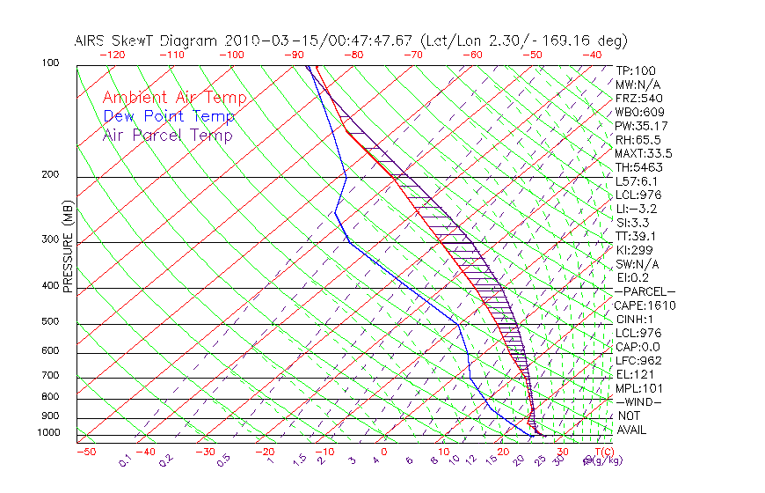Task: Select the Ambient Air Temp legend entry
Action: coord(174,98)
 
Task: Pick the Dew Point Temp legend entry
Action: coord(169,116)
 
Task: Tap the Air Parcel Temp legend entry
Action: coord(167,135)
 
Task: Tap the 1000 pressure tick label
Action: coord(49,433)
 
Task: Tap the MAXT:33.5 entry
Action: coord(644,153)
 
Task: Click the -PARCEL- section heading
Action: coord(645,291)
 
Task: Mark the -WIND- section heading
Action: coord(639,402)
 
